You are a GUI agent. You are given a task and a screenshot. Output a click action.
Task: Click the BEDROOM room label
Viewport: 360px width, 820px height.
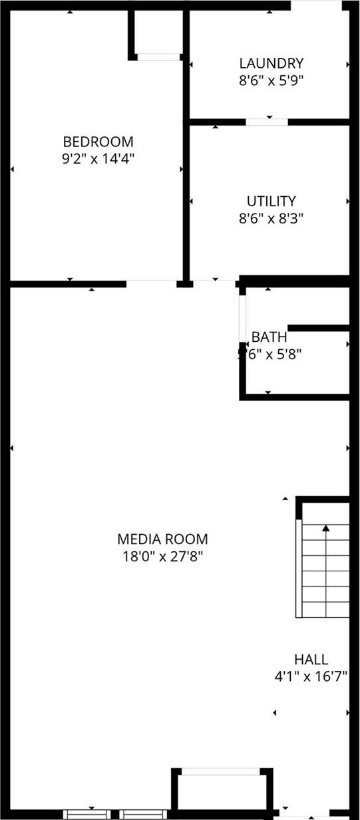(x=98, y=142)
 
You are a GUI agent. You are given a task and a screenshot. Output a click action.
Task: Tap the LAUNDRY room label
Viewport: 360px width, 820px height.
(x=271, y=64)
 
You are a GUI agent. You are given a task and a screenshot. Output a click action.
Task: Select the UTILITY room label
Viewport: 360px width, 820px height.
(x=271, y=201)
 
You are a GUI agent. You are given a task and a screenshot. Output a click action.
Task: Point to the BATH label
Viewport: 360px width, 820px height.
(x=269, y=337)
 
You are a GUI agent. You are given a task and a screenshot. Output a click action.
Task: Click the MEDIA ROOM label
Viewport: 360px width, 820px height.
(x=162, y=539)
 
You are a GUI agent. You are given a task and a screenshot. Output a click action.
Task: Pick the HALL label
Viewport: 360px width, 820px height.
(x=311, y=659)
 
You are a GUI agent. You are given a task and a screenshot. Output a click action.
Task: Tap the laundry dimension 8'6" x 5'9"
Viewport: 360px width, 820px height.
(x=271, y=80)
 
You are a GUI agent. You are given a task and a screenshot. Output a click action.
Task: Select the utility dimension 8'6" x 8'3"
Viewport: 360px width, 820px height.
(x=271, y=217)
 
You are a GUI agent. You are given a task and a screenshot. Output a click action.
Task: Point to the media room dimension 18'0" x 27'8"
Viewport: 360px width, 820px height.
(x=162, y=555)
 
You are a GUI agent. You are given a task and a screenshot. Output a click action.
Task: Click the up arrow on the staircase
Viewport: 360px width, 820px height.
(x=326, y=529)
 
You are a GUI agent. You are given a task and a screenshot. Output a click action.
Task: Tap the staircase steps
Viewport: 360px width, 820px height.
(x=325, y=572)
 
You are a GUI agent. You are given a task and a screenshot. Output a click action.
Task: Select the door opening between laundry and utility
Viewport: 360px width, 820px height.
(x=267, y=122)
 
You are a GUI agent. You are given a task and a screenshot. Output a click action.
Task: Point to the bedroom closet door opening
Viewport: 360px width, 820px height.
(x=158, y=57)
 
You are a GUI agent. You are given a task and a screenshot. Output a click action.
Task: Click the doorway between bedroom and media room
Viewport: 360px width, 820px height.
(x=151, y=284)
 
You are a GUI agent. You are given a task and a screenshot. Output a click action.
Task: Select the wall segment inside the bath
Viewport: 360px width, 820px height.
(x=318, y=328)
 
